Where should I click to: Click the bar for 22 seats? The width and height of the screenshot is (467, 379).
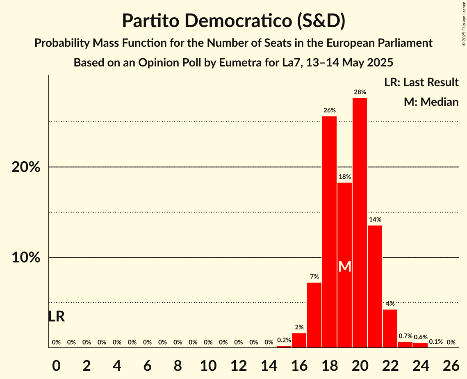(x=390, y=329)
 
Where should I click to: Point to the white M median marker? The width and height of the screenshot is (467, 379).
(x=345, y=267)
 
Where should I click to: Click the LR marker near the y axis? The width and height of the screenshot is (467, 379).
(x=56, y=317)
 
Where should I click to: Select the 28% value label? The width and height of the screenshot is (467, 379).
(x=360, y=92)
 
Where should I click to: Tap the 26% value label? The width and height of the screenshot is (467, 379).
(x=330, y=110)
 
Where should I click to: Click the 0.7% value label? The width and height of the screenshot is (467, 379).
(x=405, y=336)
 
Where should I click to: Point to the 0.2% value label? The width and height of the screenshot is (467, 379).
(x=284, y=340)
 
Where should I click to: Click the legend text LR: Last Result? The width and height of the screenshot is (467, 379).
(x=421, y=82)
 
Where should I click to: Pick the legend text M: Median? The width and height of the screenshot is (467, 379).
(x=431, y=102)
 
